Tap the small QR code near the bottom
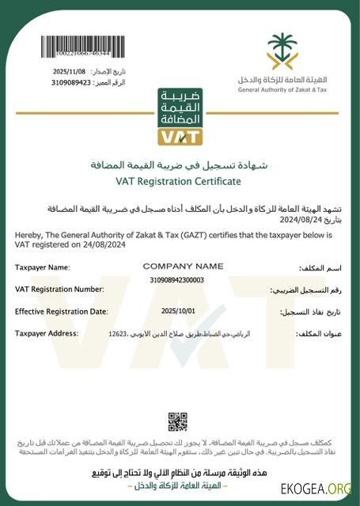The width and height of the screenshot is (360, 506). [x=178, y=422]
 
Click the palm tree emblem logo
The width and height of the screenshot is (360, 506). [x=283, y=51]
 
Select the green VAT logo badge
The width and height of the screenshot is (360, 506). [x=180, y=117]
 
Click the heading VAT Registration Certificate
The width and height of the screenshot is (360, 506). [x=179, y=181]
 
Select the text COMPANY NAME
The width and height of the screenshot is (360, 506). [x=183, y=266]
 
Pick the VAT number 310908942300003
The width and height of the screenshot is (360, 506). [x=176, y=280]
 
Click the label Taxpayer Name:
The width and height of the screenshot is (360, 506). [x=43, y=268]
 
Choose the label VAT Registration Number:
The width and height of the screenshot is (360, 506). [x=59, y=289]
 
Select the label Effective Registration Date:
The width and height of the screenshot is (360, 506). [x=61, y=312]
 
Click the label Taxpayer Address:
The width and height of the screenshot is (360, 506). [x=47, y=334]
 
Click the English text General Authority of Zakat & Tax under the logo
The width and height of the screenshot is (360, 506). [x=282, y=89]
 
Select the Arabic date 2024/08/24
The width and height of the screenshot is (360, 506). [x=313, y=221]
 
